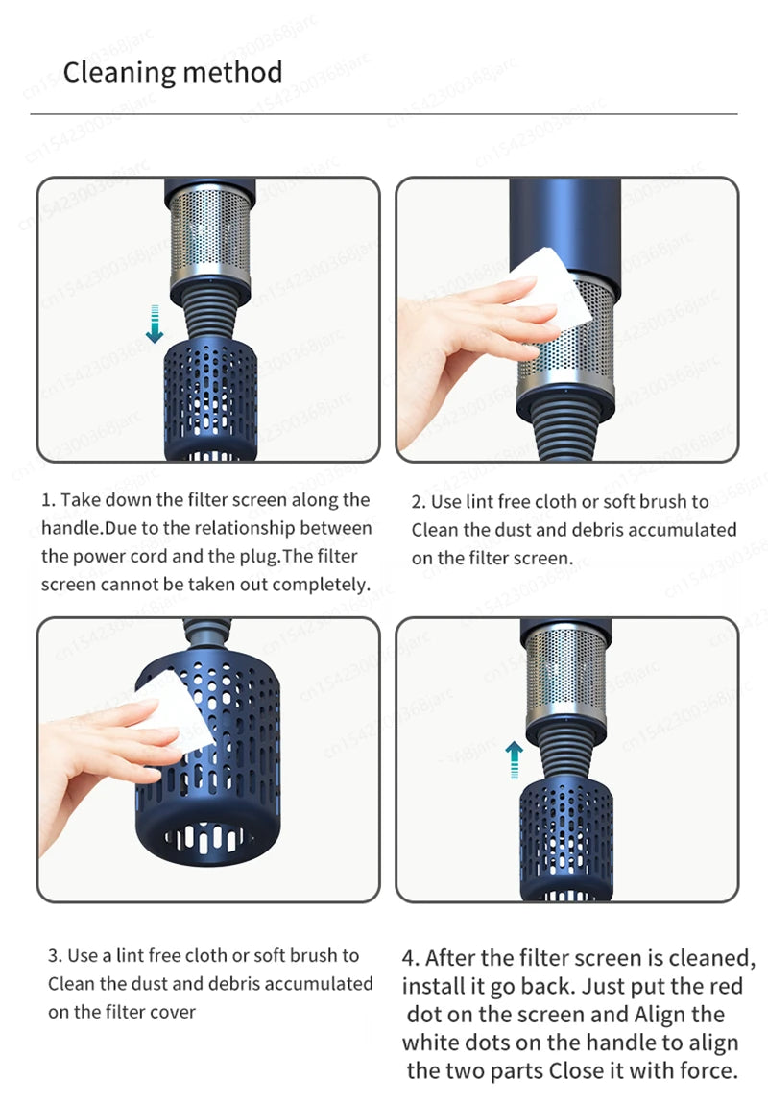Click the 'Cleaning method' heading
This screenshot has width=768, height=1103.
pos(173,73)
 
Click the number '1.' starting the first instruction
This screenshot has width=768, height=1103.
pos(49,500)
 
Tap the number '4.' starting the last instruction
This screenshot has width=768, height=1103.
pos(411,958)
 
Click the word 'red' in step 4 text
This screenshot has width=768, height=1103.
pos(726,986)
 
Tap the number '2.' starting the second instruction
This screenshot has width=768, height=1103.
pos(419,501)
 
